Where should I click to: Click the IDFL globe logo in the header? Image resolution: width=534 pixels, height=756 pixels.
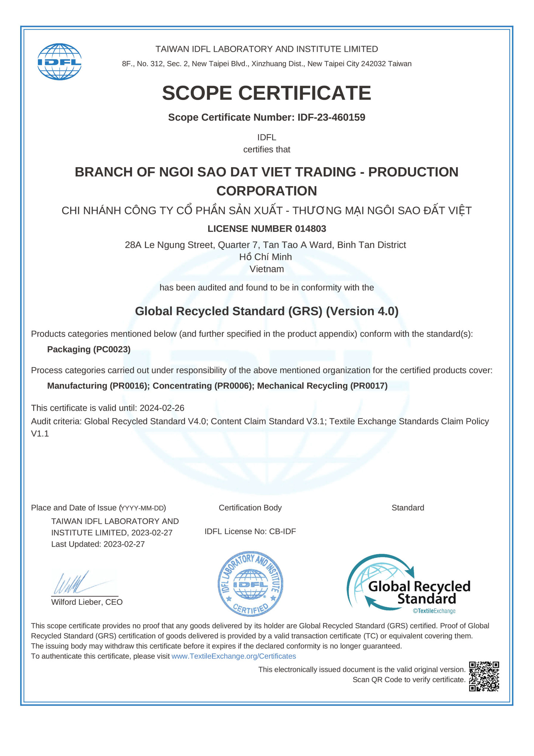point(59,62)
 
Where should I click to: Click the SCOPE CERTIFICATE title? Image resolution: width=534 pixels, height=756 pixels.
point(266,93)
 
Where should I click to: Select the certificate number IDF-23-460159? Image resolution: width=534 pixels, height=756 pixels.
point(331,117)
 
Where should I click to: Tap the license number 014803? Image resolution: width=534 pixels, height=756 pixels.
point(310,229)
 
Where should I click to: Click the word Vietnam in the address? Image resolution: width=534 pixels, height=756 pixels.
point(266,269)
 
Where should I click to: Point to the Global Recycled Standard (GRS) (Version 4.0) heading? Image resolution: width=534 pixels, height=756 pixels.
point(266,311)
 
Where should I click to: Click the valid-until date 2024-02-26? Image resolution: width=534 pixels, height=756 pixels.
point(162,408)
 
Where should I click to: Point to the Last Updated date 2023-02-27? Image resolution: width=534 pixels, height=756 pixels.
point(124,544)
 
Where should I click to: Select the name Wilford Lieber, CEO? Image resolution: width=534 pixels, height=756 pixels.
point(87,602)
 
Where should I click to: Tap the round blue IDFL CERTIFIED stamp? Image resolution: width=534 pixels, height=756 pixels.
point(251,584)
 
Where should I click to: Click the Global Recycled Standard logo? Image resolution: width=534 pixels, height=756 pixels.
point(408,583)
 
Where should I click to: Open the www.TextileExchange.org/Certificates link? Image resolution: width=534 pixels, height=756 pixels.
point(234,656)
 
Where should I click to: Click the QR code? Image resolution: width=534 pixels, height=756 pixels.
point(484,676)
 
